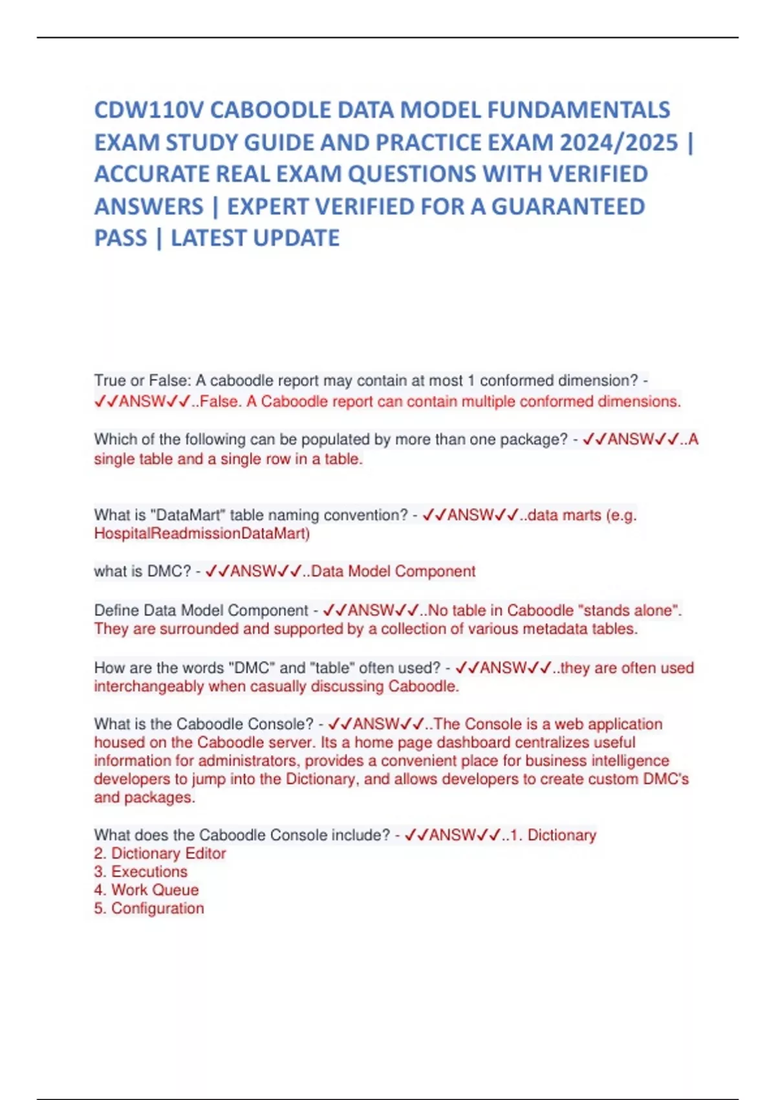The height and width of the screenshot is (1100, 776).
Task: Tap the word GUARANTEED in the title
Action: click(568, 206)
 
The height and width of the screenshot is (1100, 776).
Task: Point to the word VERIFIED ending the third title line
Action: click(598, 174)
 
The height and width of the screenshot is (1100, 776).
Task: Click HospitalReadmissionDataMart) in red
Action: click(202, 534)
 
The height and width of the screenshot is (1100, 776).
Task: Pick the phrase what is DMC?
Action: click(142, 571)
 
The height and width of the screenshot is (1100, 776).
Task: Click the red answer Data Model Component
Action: click(393, 571)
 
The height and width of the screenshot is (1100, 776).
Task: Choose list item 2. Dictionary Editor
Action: click(160, 853)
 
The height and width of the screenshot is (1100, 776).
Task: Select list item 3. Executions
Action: click(140, 872)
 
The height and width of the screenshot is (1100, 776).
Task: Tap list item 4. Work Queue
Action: click(146, 890)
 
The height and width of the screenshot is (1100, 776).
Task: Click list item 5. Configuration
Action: click(149, 908)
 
